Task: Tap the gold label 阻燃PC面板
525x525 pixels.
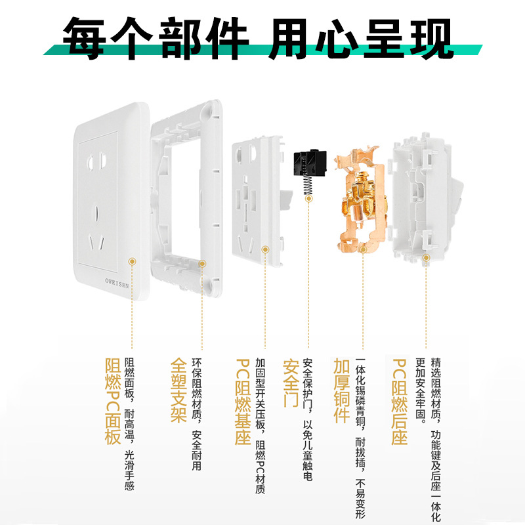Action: coord(112,401)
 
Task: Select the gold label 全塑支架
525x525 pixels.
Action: coord(178,390)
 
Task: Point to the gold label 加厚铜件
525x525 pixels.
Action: coord(341,390)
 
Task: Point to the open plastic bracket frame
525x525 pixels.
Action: coord(186,197)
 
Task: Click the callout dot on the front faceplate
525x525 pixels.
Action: coord(132,261)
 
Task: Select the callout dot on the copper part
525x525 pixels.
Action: coord(364,249)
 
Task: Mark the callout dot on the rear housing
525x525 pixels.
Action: coord(426,258)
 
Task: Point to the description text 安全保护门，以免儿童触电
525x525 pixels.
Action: coord(307,420)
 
